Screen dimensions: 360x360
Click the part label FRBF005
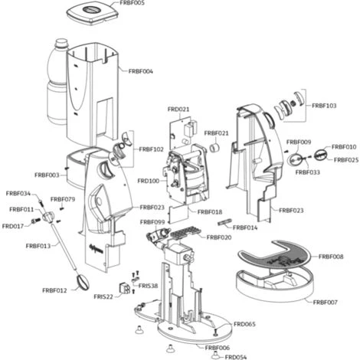pyautogui.click(x=132, y=3)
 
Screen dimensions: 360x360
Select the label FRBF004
pyautogui.click(x=141, y=71)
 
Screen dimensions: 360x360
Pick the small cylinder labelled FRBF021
pyautogui.click(x=215, y=148)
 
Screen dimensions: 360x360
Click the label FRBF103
pyautogui.click(x=324, y=106)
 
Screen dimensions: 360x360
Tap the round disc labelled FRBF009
pyautogui.click(x=296, y=160)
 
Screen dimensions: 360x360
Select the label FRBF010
pyautogui.click(x=344, y=147)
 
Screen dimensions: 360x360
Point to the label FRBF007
pyautogui.click(x=326, y=303)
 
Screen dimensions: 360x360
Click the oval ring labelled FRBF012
pyautogui.click(x=82, y=283)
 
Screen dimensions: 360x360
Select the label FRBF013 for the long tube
pyautogui.click(x=38, y=246)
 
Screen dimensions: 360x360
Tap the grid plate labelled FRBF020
pyautogui.click(x=185, y=232)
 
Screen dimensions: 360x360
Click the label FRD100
pyautogui.click(x=149, y=181)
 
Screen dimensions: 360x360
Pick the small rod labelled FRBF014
pyautogui.click(x=224, y=223)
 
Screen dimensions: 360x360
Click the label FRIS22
pyautogui.click(x=103, y=297)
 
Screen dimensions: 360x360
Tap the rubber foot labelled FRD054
pyautogui.click(x=215, y=354)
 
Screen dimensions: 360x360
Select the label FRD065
pyautogui.click(x=244, y=324)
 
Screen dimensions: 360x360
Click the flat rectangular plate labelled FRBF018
pyautogui.click(x=178, y=214)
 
